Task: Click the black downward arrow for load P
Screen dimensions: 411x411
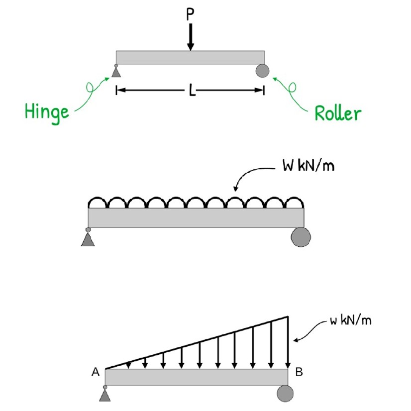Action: point(191,37)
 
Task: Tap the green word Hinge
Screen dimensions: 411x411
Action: point(47,111)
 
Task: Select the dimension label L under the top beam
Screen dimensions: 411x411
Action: point(192,90)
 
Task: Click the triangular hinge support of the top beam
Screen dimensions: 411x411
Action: point(116,73)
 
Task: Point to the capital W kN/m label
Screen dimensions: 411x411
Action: point(308,166)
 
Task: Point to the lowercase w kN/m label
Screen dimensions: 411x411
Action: point(350,320)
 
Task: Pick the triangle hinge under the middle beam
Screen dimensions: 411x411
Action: point(88,240)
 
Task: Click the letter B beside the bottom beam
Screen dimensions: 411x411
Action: point(298,372)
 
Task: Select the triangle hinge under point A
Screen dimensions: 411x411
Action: point(104,395)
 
